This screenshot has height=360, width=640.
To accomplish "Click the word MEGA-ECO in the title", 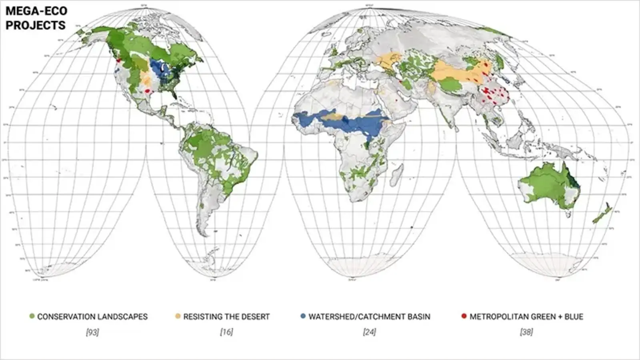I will click(x=36, y=11).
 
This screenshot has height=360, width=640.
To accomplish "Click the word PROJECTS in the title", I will click(x=35, y=25).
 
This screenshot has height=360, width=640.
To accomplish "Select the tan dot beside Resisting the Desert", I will click(x=178, y=316).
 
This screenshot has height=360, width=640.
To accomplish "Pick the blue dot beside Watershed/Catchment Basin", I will click(x=303, y=316).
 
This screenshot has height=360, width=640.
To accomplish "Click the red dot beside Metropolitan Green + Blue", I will click(x=464, y=316).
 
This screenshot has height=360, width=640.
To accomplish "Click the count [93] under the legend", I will click(x=92, y=332).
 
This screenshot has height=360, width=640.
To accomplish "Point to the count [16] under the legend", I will click(x=226, y=332).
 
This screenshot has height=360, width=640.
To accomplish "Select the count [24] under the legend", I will click(x=369, y=332).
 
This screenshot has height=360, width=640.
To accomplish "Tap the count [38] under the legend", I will click(x=526, y=332).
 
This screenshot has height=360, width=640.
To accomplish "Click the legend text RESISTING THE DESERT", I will click(x=226, y=317).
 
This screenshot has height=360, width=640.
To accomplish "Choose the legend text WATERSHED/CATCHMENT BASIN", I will click(x=369, y=317).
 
